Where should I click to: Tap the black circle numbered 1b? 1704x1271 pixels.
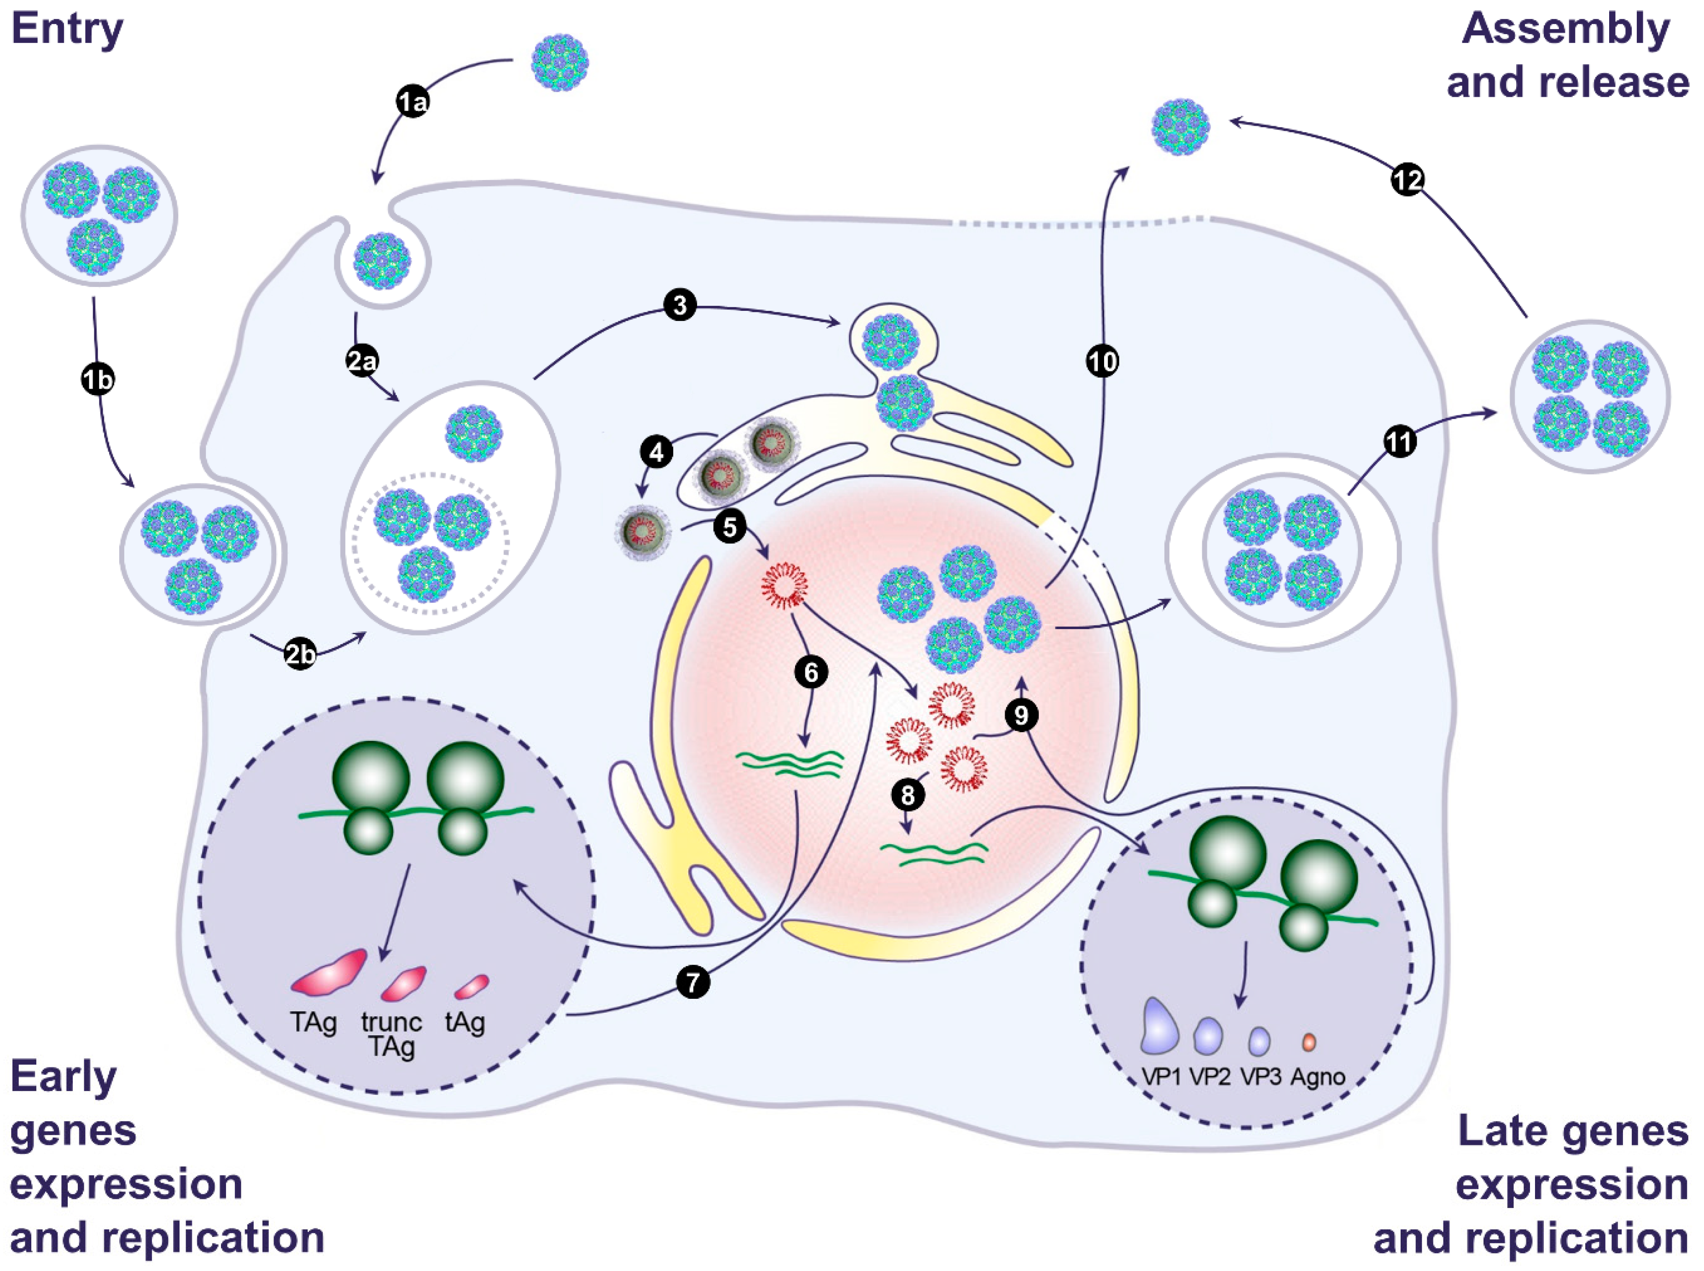tap(98, 379)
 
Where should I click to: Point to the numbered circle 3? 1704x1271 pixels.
tap(679, 305)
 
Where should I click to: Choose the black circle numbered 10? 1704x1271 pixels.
tap(1102, 361)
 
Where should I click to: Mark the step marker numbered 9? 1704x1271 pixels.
tap(1021, 716)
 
